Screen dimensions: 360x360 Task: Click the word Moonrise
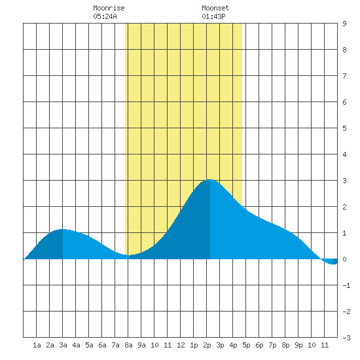pyautogui.click(x=109, y=8)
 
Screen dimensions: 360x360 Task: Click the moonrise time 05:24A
pyautogui.click(x=105, y=16)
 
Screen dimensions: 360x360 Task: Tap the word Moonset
pyautogui.click(x=215, y=8)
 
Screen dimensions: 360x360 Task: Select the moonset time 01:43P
pyautogui.click(x=213, y=16)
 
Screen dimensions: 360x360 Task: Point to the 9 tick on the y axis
pyautogui.click(x=344, y=24)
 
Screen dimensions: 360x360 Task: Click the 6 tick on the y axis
pyautogui.click(x=344, y=102)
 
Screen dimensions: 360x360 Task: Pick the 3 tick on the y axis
pyautogui.click(x=344, y=181)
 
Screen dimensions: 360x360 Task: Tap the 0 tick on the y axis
pyautogui.click(x=344, y=259)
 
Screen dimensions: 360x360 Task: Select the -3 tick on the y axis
pyautogui.click(x=346, y=338)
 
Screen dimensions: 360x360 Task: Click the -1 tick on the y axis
pyautogui.click(x=346, y=285)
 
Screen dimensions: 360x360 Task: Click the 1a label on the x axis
pyautogui.click(x=37, y=345)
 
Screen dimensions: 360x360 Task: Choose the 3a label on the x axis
pyautogui.click(x=63, y=345)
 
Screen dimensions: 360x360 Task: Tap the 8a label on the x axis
pyautogui.click(x=128, y=345)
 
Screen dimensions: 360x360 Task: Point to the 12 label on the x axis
pyautogui.click(x=181, y=345)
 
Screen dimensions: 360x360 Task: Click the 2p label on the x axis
pyautogui.click(x=207, y=345)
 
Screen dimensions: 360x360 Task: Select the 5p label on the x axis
pyautogui.click(x=246, y=345)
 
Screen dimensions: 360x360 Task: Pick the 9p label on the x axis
pyautogui.click(x=298, y=345)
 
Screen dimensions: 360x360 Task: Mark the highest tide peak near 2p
pyautogui.click(x=210, y=180)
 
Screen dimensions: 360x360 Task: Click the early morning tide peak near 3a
pyautogui.click(x=62, y=229)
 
